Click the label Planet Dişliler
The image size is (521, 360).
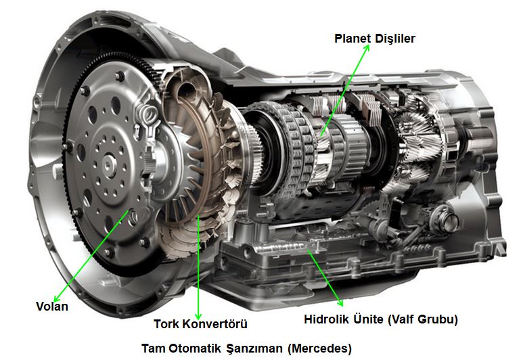pyautogui.click(x=375, y=39)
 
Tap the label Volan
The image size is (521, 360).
pyautogui.click(x=51, y=307)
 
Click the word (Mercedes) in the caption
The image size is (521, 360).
pyautogui.click(x=319, y=349)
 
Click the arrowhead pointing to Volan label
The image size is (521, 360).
pyautogui.click(x=55, y=298)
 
